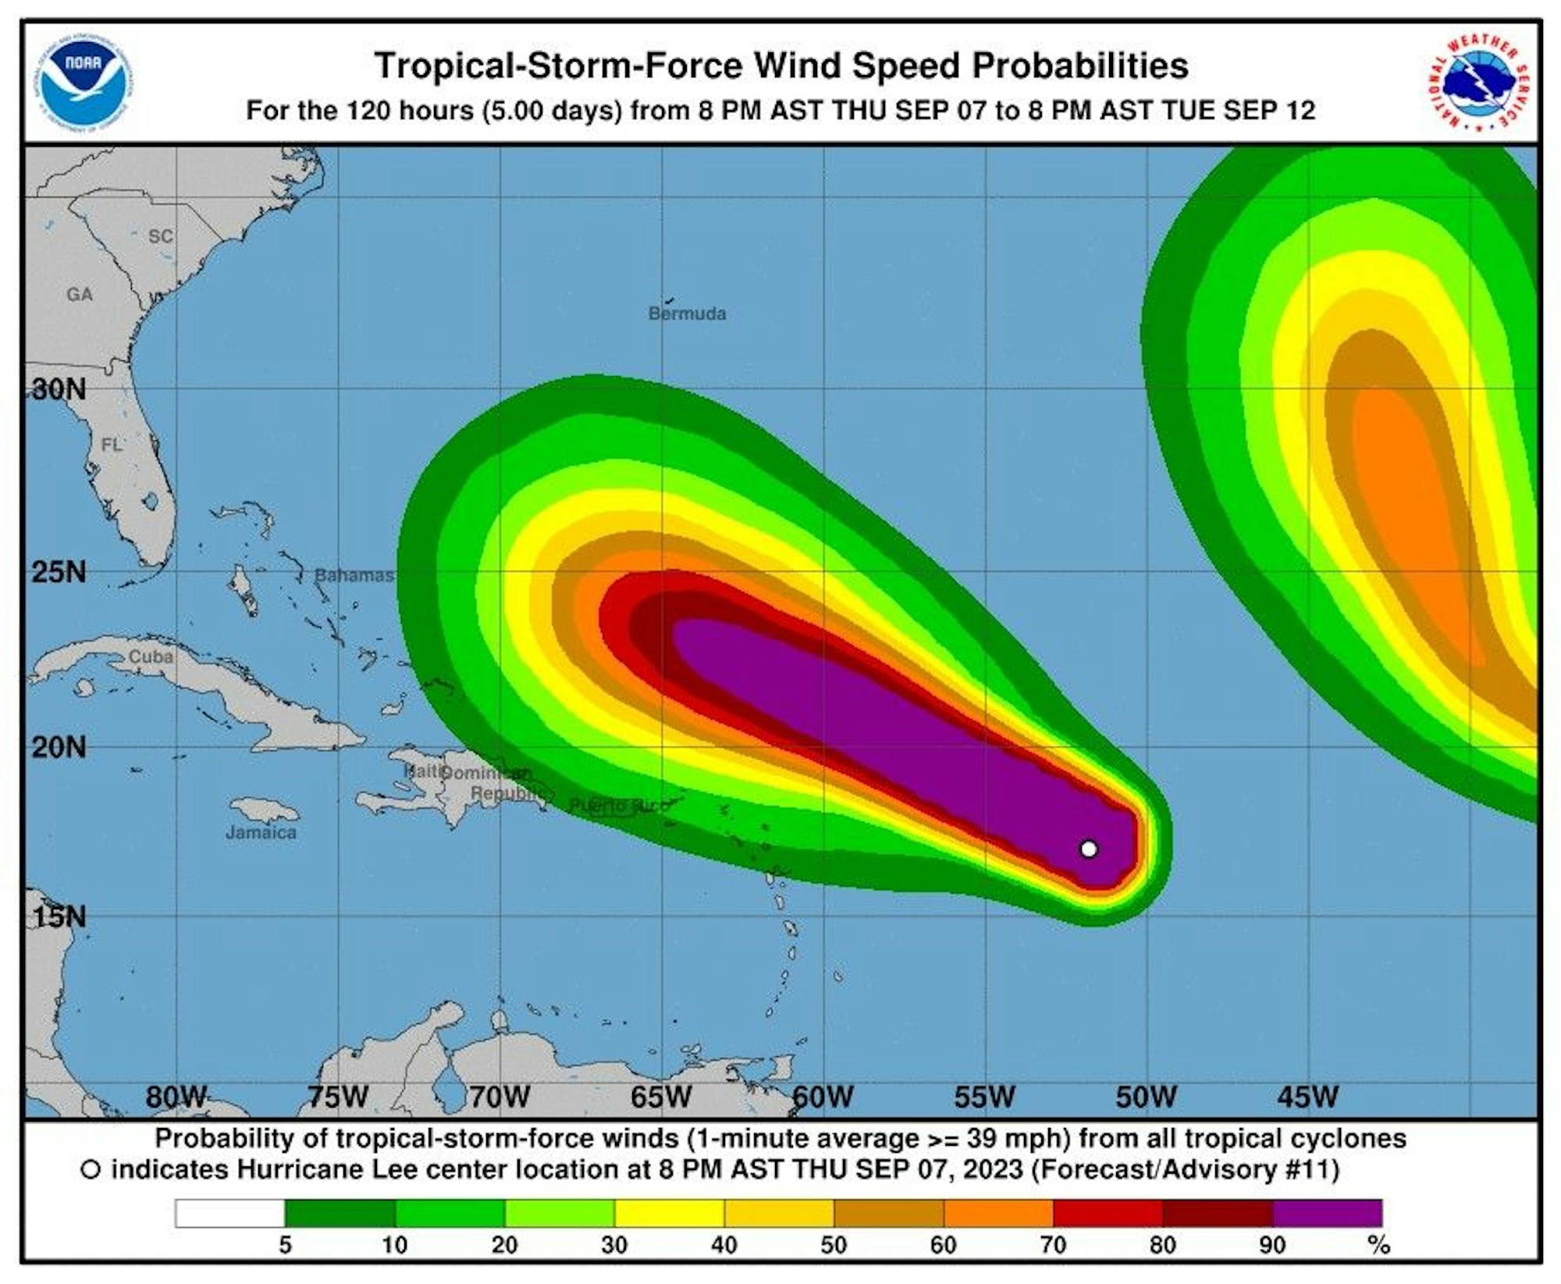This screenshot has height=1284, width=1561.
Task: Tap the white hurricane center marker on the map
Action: pos(1089,848)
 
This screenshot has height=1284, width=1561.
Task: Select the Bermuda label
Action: pos(687,314)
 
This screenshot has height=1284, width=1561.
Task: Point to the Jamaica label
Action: pos(261,832)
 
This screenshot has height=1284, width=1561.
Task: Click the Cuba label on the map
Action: pos(151,656)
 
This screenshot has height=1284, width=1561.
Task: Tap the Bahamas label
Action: pos(354,575)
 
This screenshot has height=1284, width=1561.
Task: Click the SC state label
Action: pos(161,236)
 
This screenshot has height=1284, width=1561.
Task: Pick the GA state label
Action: pos(80,294)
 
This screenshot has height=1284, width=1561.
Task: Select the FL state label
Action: pos(112,445)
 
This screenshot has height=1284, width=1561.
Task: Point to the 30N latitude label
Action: pos(59,389)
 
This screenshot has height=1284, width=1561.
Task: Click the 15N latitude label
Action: pos(59,916)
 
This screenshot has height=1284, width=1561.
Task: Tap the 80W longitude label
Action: pos(176,1097)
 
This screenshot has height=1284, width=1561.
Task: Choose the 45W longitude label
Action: pos(1307,1097)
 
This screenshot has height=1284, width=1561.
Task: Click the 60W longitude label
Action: pos(823,1097)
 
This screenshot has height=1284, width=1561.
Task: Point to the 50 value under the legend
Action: pos(834,1245)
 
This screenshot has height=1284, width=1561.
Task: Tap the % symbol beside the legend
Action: pos(1380,1245)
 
